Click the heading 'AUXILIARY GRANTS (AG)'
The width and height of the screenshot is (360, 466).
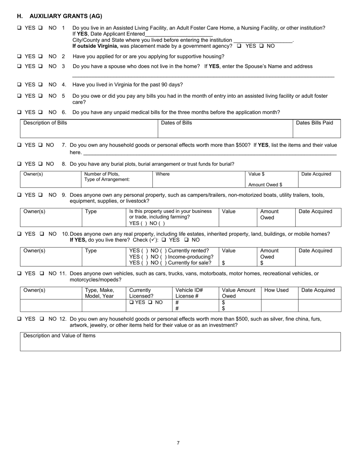tap(66, 16)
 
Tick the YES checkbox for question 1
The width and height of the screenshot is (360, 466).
tap(19, 28)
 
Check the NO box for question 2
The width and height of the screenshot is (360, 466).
tap(41, 56)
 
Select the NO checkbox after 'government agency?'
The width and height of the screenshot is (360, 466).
tap(261, 46)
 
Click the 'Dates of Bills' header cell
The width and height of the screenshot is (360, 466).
tap(177, 123)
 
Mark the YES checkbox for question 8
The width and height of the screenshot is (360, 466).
tap(19, 164)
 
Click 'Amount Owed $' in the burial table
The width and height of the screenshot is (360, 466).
tap(265, 185)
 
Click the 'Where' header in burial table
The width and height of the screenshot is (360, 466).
tap(163, 174)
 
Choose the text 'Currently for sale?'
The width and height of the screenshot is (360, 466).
tap(189, 263)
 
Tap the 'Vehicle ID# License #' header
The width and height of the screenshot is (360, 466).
tap(189, 293)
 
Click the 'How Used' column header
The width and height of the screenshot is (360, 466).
tap(276, 290)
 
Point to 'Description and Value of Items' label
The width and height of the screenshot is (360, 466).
tap(59, 336)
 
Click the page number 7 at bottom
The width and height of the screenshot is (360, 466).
tap(178, 443)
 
